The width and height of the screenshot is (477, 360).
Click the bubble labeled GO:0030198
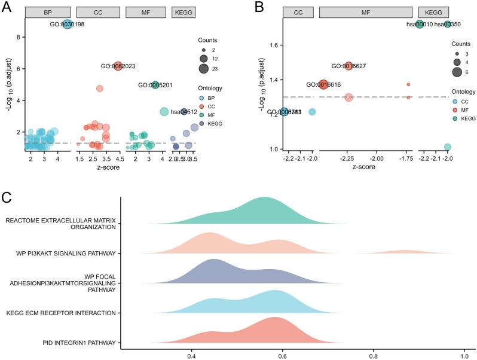(68, 25)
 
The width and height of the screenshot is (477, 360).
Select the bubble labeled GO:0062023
(118, 66)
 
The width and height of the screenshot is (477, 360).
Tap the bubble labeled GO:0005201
(155, 85)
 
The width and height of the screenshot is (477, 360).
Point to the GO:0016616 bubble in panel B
(323, 85)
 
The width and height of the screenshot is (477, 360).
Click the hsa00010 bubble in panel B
(420, 25)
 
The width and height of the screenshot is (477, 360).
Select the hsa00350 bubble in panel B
(448, 25)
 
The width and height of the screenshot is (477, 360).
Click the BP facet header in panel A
(48, 12)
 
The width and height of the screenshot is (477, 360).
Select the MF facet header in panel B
(365, 12)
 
